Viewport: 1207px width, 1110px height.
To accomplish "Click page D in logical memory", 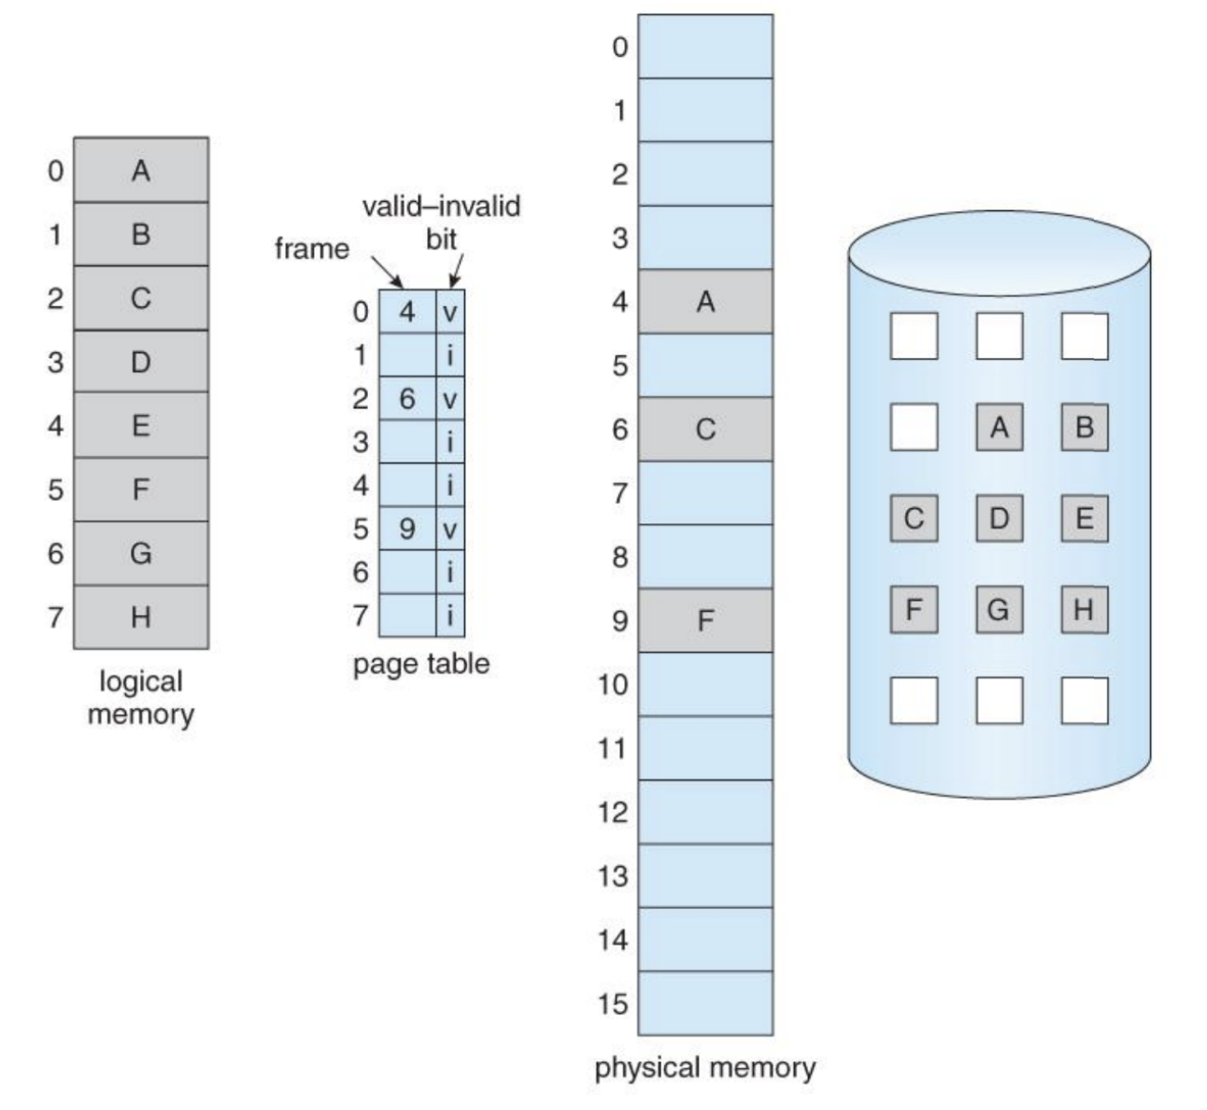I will click(x=140, y=362).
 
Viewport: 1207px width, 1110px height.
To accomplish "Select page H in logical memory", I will click(x=140, y=617).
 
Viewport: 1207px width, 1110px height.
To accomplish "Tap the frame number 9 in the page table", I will click(x=407, y=529).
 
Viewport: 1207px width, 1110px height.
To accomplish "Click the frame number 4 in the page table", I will click(x=407, y=311).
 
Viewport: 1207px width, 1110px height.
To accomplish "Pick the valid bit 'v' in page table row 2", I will click(x=450, y=400).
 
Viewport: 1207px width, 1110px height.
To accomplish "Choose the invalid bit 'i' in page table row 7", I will click(x=450, y=616).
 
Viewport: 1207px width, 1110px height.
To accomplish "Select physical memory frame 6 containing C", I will click(x=705, y=429).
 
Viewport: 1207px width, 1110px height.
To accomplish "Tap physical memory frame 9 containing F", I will click(x=705, y=620).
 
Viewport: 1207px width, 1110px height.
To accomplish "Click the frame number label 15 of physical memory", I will click(x=614, y=1003).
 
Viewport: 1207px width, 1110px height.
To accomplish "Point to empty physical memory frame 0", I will click(x=705, y=47).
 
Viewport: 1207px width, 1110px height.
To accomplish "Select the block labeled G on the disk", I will click(x=999, y=610).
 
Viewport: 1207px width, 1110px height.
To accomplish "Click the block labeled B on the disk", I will click(x=1085, y=428).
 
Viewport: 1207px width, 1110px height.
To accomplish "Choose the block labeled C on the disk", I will click(x=914, y=519).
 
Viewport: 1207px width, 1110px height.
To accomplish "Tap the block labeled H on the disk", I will click(x=1085, y=610).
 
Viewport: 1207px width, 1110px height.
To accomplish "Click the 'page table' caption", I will click(x=421, y=663).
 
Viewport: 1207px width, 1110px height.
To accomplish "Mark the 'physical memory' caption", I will click(x=705, y=1067).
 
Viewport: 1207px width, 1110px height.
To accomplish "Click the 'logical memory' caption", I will click(x=140, y=697).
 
